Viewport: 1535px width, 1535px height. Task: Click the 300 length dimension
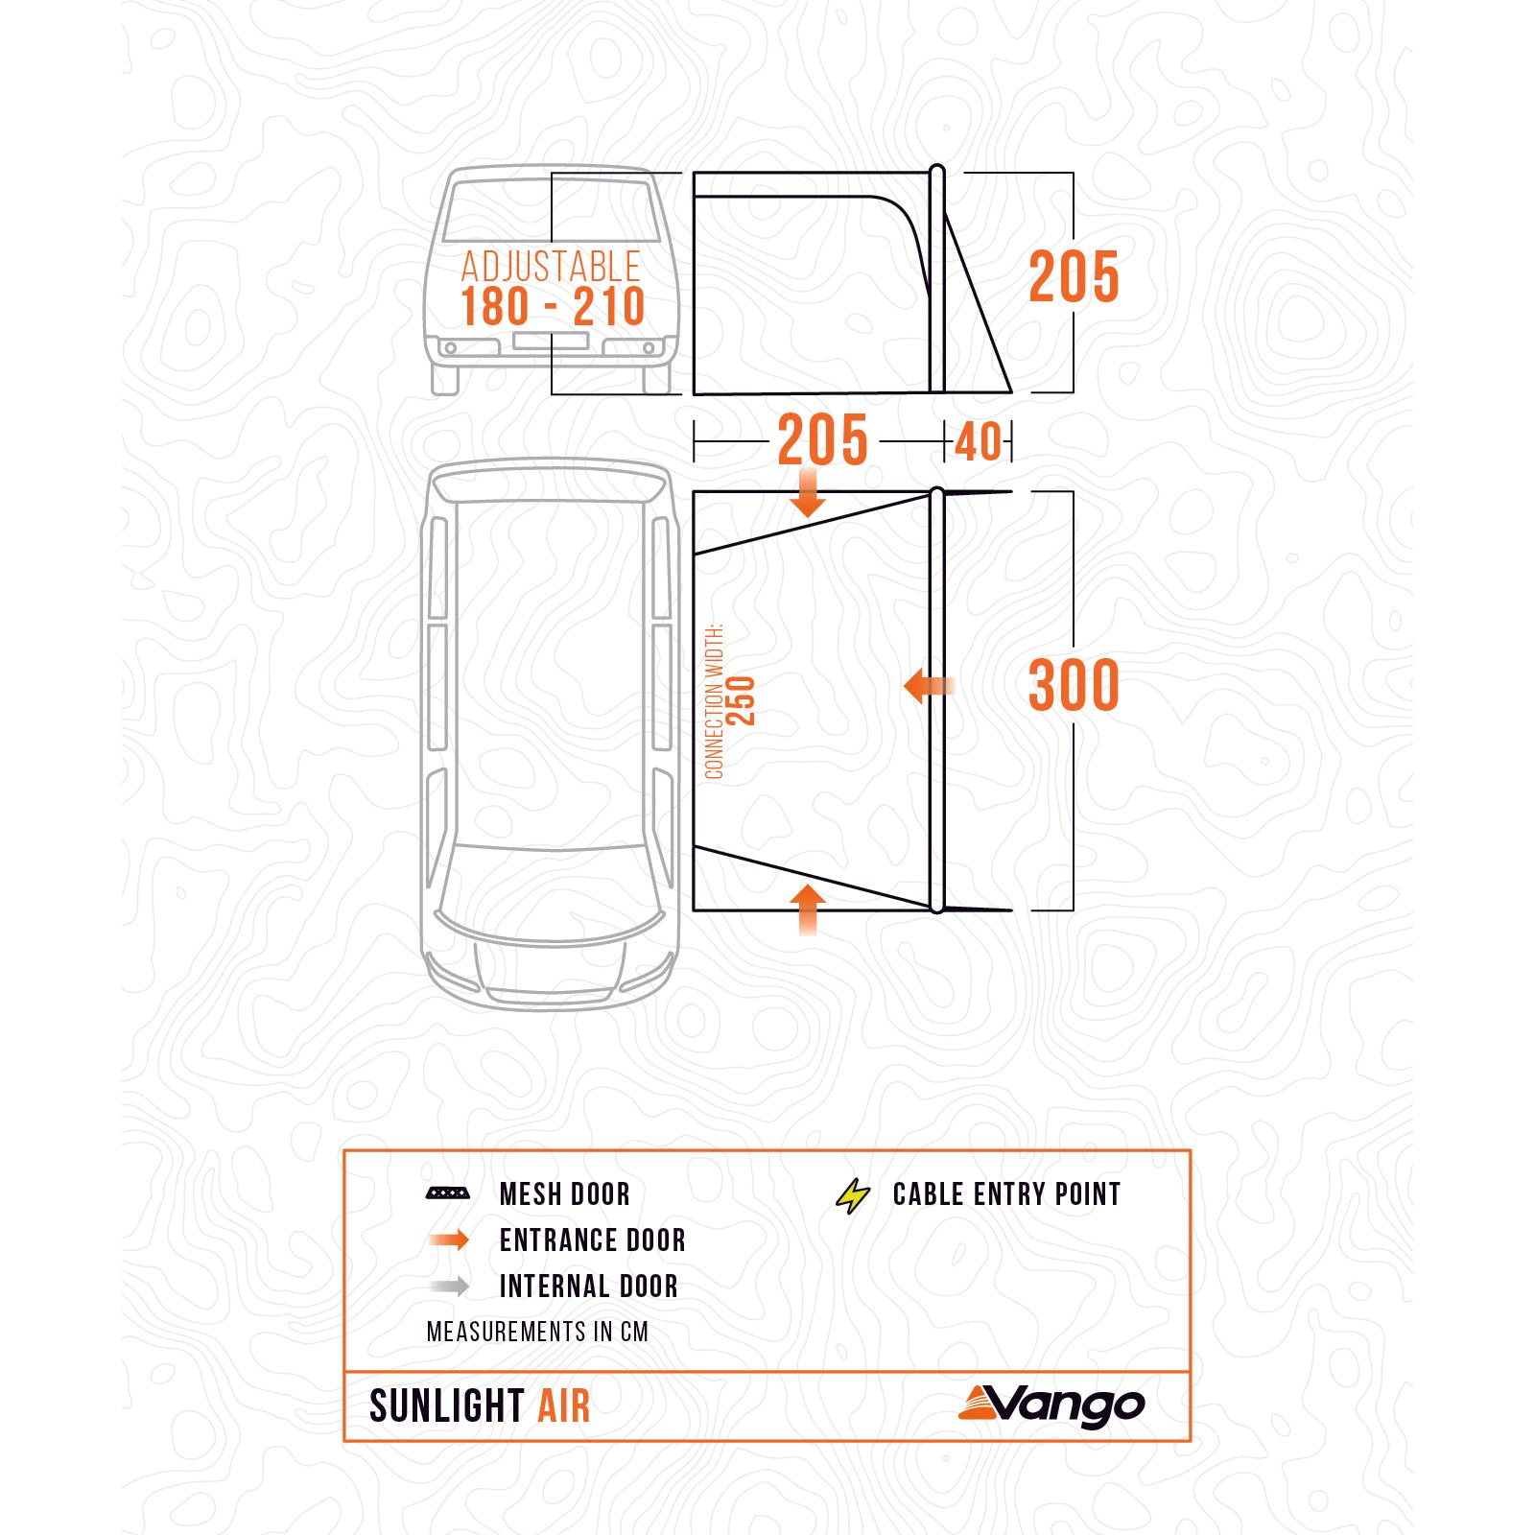(x=1074, y=685)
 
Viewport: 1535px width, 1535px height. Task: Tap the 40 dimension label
(x=979, y=442)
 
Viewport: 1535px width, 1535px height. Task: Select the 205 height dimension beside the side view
(x=1074, y=277)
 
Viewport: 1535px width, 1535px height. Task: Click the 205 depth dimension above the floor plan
(x=822, y=440)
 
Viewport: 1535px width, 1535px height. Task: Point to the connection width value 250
(x=742, y=701)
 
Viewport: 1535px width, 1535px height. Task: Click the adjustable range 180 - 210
(x=553, y=307)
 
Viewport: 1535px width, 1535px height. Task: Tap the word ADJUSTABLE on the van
(x=551, y=266)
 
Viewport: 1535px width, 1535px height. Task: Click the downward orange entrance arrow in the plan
(x=809, y=493)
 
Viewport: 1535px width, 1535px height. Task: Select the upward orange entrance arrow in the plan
(x=809, y=909)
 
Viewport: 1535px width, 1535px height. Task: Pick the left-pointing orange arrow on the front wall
(x=928, y=685)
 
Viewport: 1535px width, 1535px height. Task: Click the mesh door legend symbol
(x=448, y=1193)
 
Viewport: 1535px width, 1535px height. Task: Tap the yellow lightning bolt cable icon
(x=853, y=1195)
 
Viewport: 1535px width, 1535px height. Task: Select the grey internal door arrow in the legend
(x=449, y=1287)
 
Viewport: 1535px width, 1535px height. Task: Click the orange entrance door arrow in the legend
(x=449, y=1240)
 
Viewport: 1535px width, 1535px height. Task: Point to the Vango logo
(x=1052, y=1405)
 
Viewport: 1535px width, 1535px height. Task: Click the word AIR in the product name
(x=564, y=1406)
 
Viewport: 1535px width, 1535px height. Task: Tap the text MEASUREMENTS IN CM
(x=537, y=1332)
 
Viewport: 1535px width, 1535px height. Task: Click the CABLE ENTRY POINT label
(x=1006, y=1194)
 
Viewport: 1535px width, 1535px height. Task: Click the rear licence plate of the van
(x=551, y=342)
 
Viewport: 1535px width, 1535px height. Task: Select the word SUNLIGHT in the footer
(x=447, y=1406)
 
